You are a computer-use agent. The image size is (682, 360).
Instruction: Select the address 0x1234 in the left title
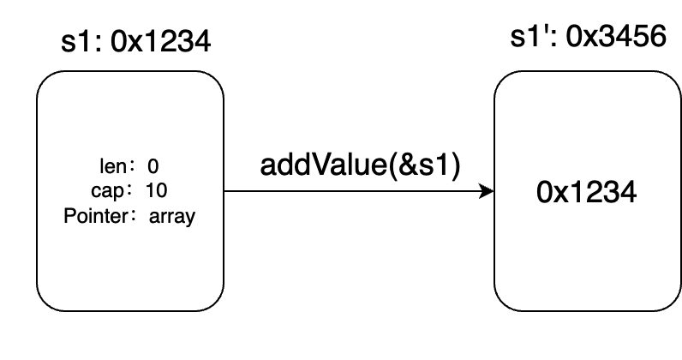[x=157, y=41]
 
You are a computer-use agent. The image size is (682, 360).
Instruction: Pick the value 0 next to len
[x=153, y=165]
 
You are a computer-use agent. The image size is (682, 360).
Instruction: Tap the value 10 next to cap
[x=156, y=190]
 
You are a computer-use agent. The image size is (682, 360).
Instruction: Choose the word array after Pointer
[x=171, y=216]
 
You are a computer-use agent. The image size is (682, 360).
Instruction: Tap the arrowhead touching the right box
[x=488, y=190]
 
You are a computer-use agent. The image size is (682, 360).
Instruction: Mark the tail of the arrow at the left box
[x=225, y=190]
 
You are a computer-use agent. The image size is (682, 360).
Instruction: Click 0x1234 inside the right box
[x=587, y=193]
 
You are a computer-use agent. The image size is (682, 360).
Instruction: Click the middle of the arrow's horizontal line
[x=358, y=190]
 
